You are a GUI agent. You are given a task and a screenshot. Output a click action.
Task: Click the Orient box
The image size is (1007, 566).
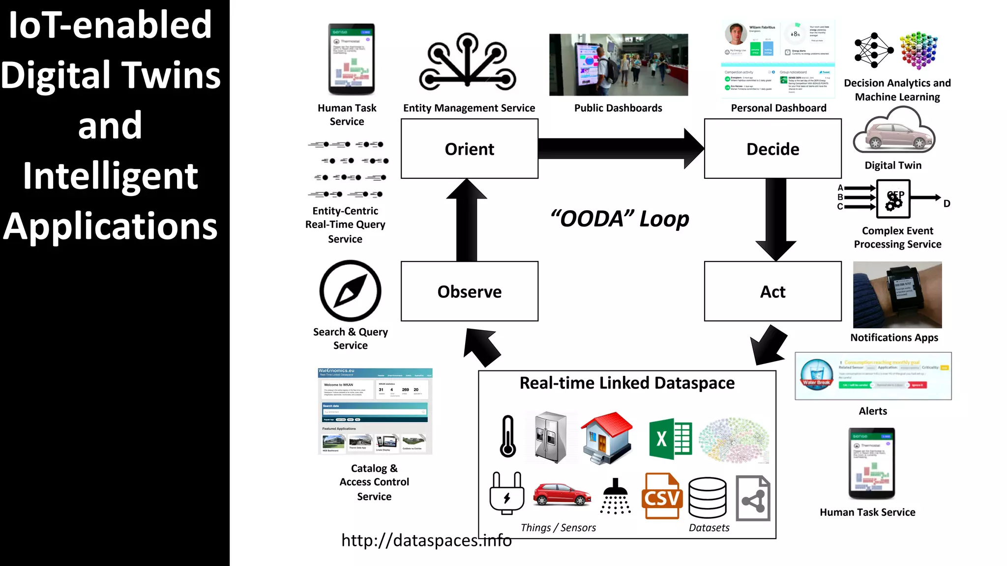(469, 148)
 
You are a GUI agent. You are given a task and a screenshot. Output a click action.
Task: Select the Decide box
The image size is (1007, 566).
(772, 148)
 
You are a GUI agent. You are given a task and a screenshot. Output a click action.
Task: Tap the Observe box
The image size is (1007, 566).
(469, 291)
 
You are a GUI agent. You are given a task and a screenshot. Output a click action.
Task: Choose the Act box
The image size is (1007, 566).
(772, 291)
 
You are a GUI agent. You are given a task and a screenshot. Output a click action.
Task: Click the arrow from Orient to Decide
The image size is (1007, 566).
(620, 148)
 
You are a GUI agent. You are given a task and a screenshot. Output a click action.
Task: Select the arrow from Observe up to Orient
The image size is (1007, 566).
(467, 221)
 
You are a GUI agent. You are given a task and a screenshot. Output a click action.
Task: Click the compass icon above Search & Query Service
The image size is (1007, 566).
(350, 291)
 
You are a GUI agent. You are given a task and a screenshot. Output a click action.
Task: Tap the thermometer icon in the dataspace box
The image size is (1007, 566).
(508, 436)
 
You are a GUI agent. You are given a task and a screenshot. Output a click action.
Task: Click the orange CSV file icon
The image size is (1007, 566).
(662, 496)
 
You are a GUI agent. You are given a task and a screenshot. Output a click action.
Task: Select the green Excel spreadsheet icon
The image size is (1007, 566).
(670, 439)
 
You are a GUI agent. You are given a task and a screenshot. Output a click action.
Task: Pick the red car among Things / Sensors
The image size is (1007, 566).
(562, 494)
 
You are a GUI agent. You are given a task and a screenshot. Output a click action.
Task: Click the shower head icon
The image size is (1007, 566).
(615, 496)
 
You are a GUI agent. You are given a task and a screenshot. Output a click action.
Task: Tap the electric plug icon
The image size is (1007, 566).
(507, 493)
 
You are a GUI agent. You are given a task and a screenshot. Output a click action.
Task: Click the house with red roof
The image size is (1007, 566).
(607, 437)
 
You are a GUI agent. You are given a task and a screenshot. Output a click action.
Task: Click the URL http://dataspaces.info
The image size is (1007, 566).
(426, 540)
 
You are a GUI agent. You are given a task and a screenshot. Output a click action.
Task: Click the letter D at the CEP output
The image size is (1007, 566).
(947, 203)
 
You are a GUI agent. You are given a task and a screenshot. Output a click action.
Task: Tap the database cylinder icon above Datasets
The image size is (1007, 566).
(707, 497)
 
